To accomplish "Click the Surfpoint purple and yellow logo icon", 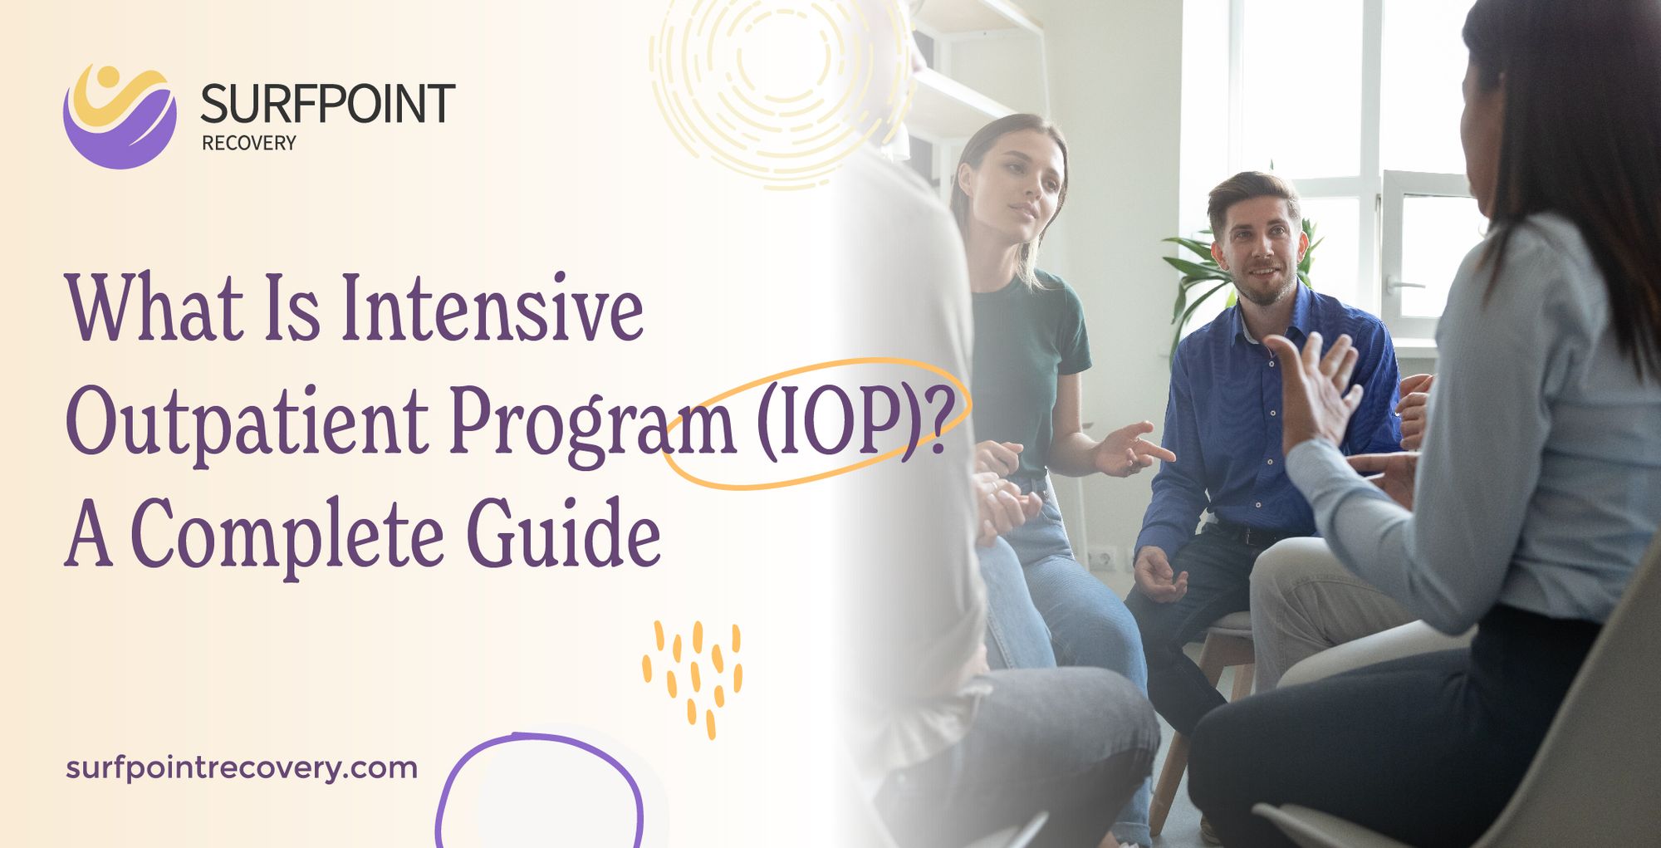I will tap(120, 116).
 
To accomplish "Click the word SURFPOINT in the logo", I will tap(327, 105).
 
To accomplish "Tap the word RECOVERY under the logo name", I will tap(248, 143).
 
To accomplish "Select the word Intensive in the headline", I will tap(492, 308).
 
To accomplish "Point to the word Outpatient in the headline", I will tap(247, 422).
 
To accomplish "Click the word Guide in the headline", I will tap(564, 535).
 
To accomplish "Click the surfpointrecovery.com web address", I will tap(241, 767).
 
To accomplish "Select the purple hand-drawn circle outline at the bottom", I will tap(540, 789).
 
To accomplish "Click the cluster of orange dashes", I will tap(692, 674).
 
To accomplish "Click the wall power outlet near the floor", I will tap(1103, 558).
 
